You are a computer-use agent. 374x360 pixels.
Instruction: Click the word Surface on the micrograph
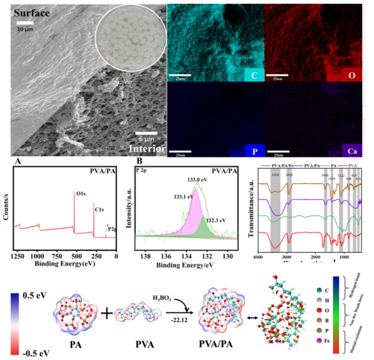click(31, 13)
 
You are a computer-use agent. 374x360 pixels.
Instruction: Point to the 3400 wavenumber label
click(275, 175)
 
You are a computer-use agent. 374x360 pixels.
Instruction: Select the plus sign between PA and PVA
click(106, 314)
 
